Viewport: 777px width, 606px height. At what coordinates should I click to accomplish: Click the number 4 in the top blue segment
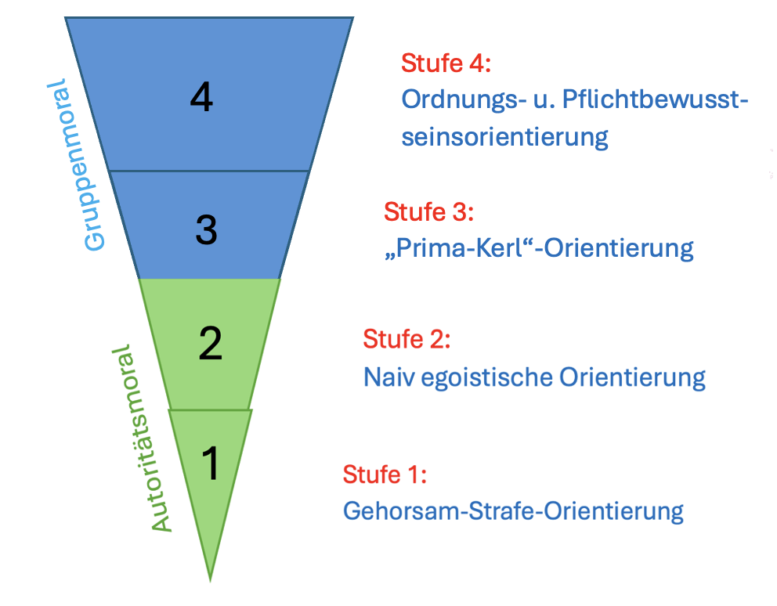click(x=202, y=98)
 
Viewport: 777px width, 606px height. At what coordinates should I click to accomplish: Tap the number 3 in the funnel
click(x=205, y=230)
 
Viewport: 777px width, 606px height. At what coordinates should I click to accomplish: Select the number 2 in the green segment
click(x=210, y=344)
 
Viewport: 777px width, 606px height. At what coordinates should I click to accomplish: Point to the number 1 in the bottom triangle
click(x=210, y=464)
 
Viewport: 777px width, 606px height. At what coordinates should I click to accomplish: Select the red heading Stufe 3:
click(x=429, y=211)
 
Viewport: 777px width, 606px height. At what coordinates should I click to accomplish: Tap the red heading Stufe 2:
click(x=407, y=340)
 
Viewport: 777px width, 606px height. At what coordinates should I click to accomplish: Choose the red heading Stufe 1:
click(x=385, y=474)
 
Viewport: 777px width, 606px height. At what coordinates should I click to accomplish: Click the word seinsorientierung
click(x=504, y=137)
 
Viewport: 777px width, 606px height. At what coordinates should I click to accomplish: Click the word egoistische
click(x=486, y=377)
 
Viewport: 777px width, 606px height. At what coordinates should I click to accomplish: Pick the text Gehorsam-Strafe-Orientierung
click(x=513, y=511)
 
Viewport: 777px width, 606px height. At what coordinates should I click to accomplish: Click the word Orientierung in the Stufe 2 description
click(x=632, y=377)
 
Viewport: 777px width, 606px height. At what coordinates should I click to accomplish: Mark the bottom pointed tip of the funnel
click(x=210, y=579)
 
